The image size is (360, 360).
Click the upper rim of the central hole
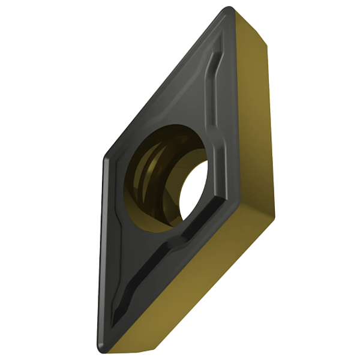click(174, 127)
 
